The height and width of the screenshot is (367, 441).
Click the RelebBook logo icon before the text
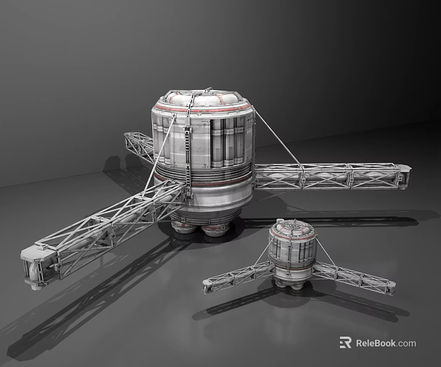[345, 342]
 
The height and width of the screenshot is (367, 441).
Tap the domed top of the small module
[293, 227]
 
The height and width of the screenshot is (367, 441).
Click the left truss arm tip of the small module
[208, 285]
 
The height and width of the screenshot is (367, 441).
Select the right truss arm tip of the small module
[390, 287]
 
